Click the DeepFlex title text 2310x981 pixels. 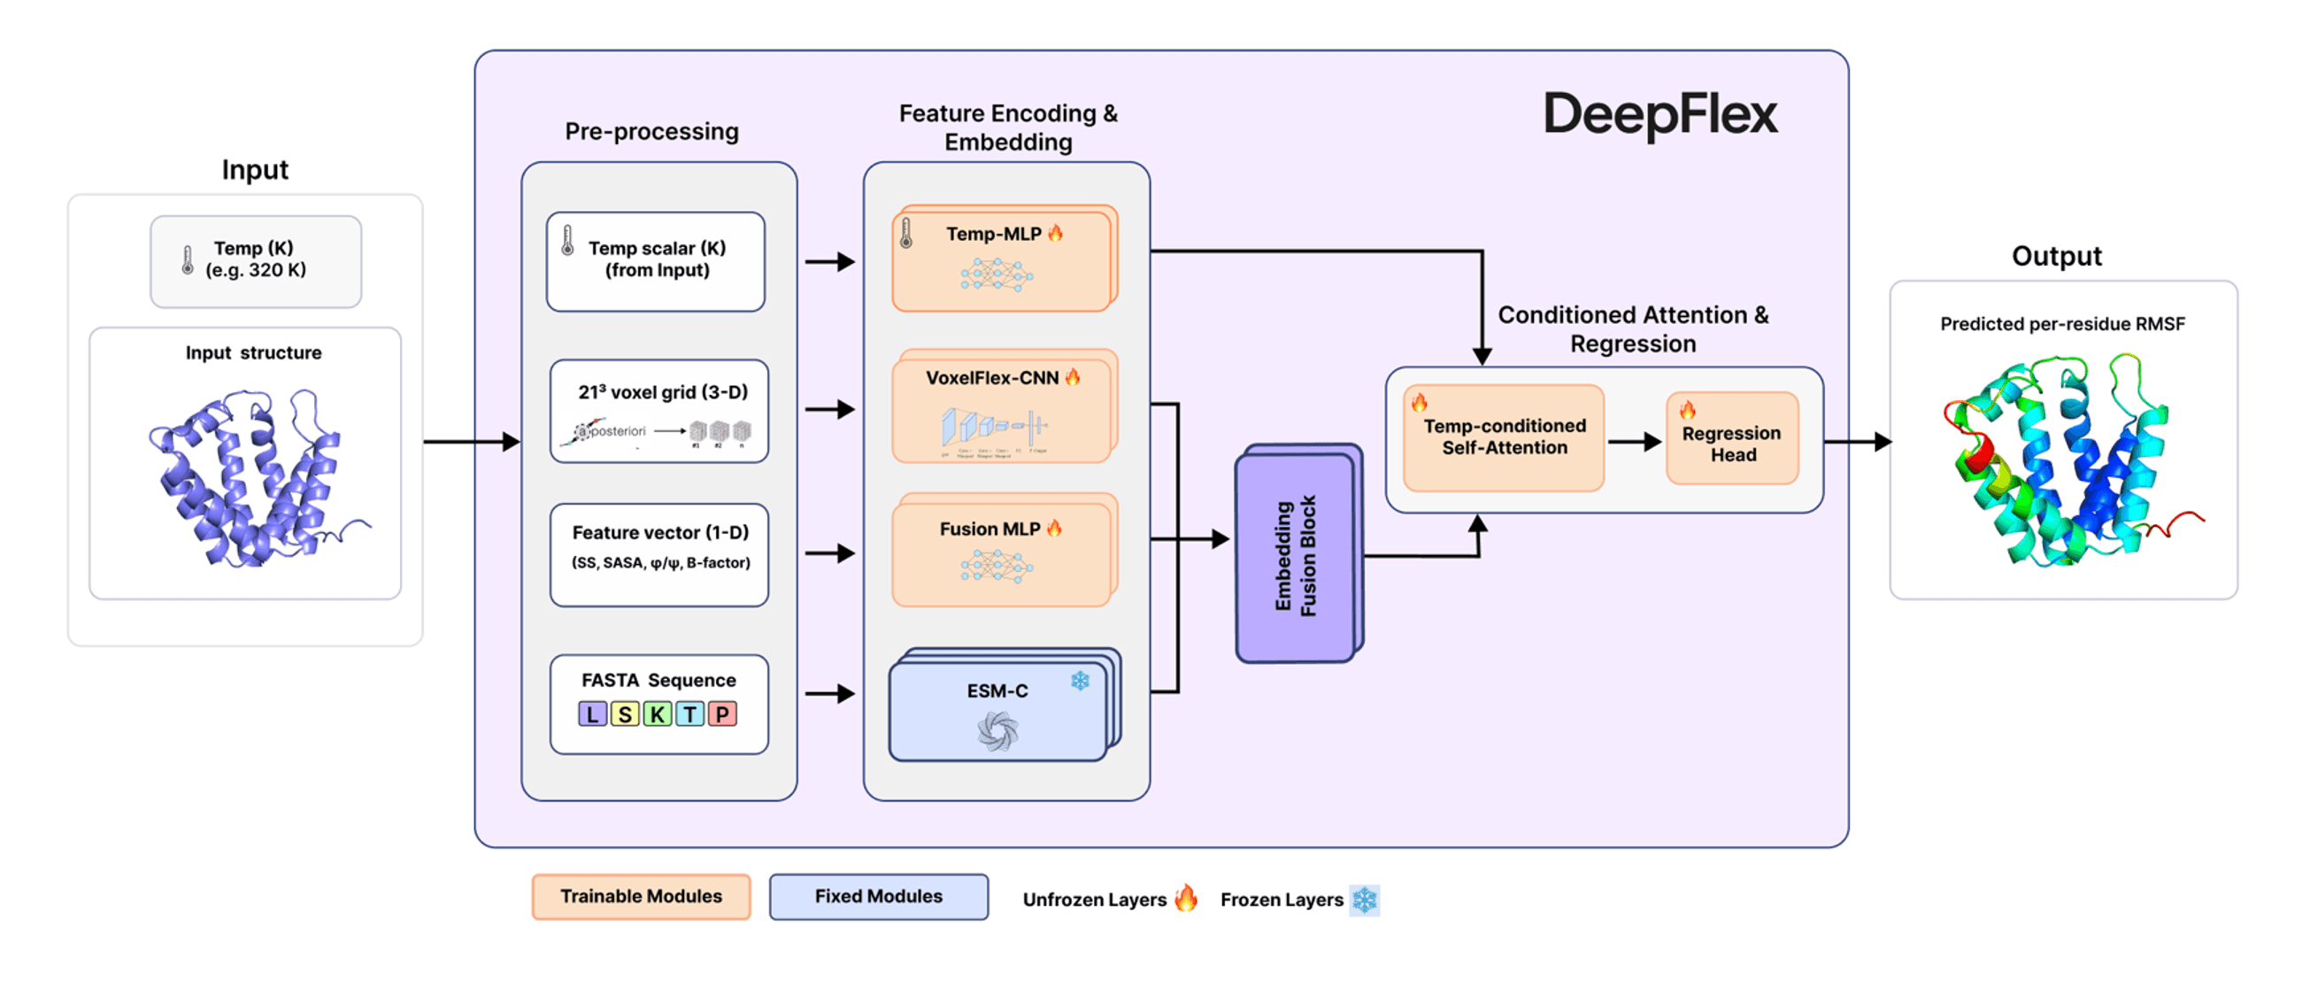tap(1659, 115)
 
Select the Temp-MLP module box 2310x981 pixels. tap(1003, 260)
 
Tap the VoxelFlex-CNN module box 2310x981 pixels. tap(1003, 408)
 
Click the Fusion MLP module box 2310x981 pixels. tap(1003, 552)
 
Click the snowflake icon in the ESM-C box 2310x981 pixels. tap(1080, 681)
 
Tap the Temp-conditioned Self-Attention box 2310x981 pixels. tap(1504, 437)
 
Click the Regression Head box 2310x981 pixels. tap(1731, 439)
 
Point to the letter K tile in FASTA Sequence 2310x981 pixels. tap(657, 714)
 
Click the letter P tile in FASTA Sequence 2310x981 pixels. tap(722, 714)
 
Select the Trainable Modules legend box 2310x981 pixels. tap(641, 896)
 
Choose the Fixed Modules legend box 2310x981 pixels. tap(878, 896)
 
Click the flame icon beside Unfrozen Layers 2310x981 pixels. tap(1185, 898)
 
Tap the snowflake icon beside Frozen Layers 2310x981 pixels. tap(1364, 900)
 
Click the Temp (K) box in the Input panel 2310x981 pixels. tap(256, 260)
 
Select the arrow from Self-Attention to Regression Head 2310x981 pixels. tap(1634, 441)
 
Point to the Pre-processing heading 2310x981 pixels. tap(652, 132)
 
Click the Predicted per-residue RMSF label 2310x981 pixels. tap(2061, 324)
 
